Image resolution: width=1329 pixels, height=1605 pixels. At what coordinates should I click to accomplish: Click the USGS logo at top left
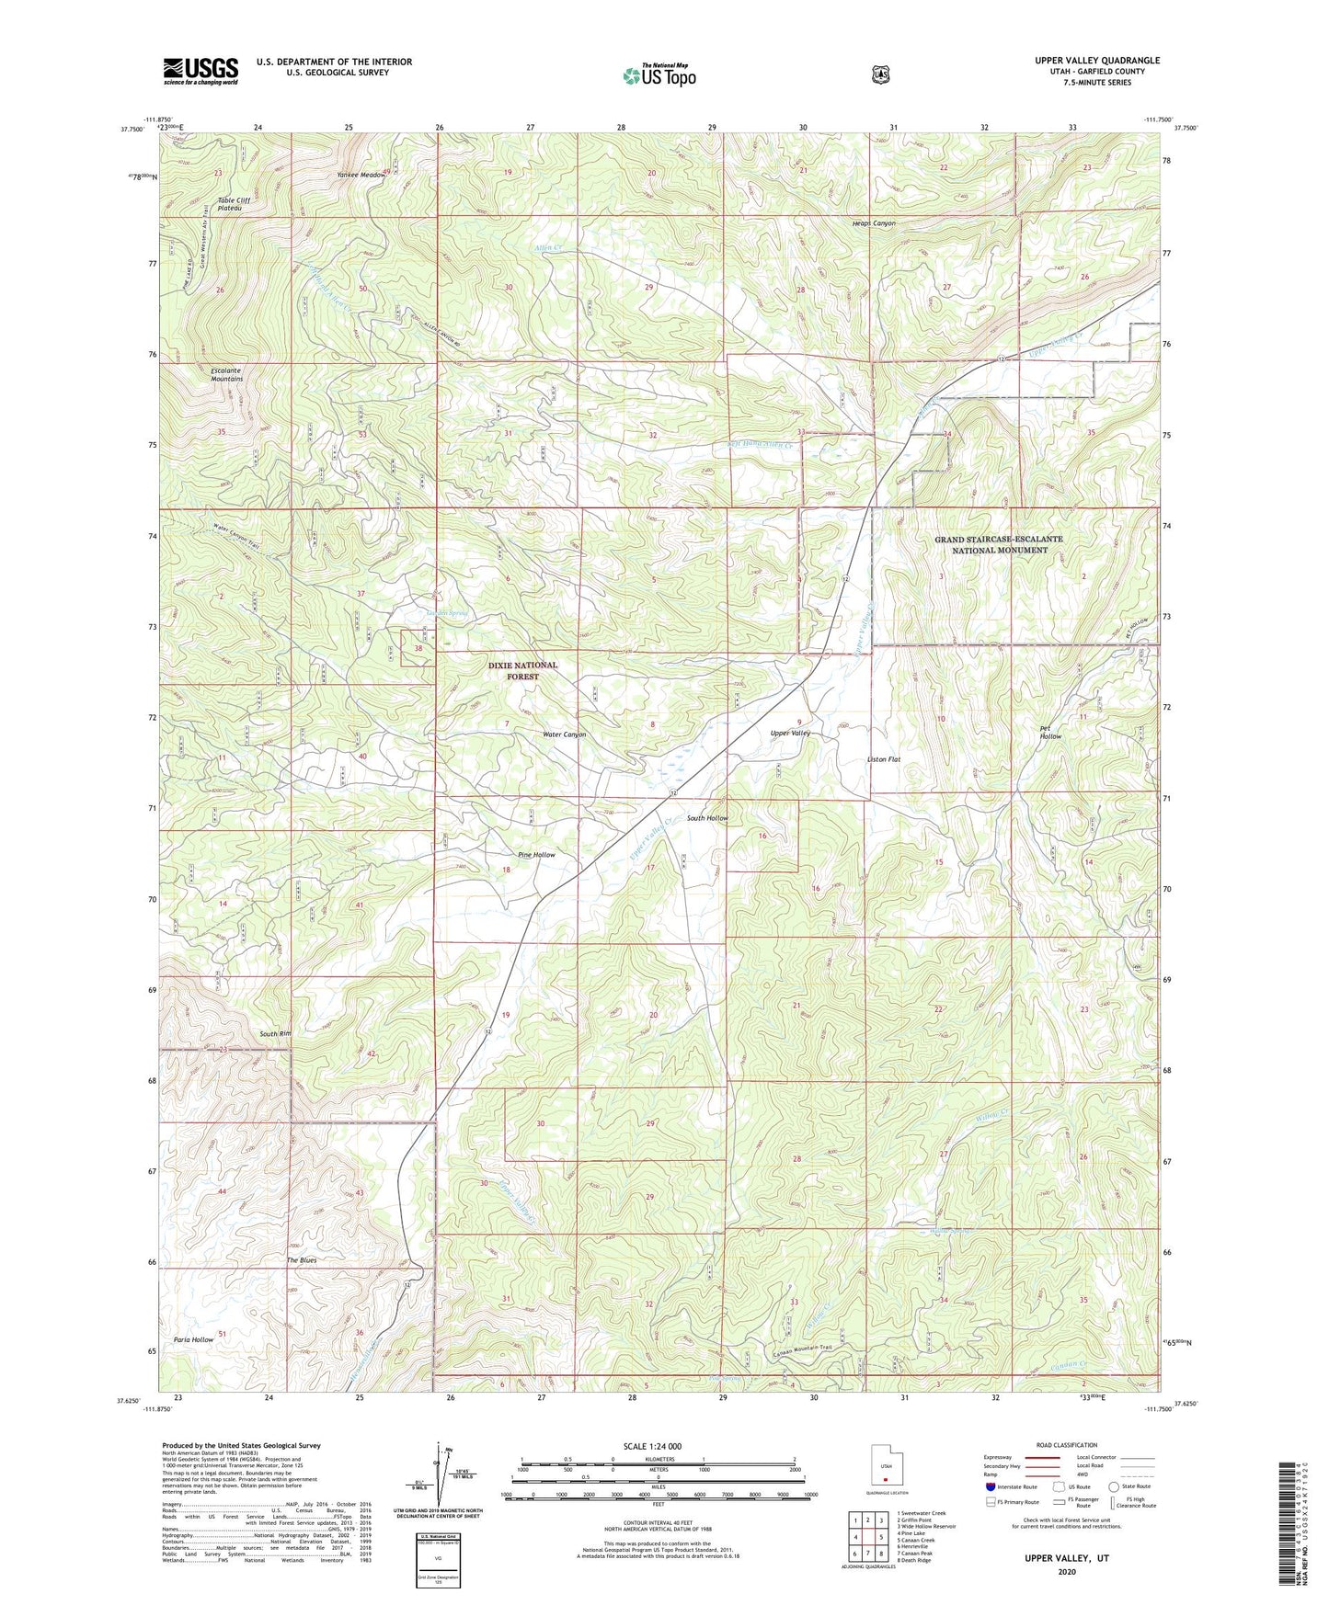(x=200, y=71)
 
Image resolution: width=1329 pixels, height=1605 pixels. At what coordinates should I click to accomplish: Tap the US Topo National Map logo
(x=657, y=75)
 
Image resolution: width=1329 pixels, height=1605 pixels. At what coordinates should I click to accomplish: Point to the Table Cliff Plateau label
(x=234, y=204)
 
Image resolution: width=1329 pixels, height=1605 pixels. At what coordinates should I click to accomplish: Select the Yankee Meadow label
(x=361, y=175)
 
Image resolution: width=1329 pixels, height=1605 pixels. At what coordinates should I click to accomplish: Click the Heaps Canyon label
(x=873, y=223)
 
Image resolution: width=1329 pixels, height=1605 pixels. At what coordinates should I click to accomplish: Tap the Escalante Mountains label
(x=226, y=375)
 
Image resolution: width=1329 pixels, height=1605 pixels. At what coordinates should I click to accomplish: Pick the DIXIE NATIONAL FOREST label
(x=522, y=670)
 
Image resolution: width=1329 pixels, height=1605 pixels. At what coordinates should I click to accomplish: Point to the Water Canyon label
(x=564, y=734)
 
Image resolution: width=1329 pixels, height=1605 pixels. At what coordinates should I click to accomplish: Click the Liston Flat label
(x=884, y=759)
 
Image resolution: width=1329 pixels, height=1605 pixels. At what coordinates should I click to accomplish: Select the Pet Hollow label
(x=1050, y=732)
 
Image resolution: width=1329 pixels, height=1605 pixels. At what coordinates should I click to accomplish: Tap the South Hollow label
(x=707, y=817)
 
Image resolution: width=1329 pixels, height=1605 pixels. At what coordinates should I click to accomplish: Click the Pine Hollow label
(x=536, y=855)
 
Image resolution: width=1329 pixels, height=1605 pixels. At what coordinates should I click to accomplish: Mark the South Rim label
(x=275, y=1034)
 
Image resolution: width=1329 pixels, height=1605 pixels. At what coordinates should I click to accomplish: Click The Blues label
(x=302, y=1260)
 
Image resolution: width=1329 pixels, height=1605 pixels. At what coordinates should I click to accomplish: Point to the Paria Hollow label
(x=193, y=1339)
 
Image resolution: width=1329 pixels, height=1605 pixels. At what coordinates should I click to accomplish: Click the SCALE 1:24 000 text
(x=652, y=1446)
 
